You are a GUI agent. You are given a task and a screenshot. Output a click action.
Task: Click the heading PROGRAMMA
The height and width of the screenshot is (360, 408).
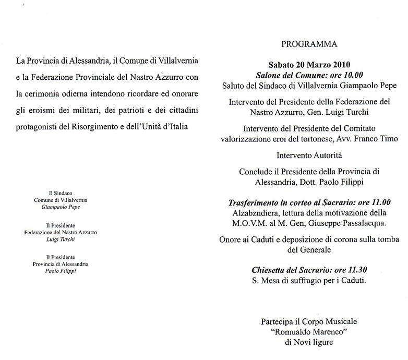tap(309, 44)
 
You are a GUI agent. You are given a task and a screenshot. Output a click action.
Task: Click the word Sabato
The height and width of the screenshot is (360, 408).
tap(281, 65)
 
